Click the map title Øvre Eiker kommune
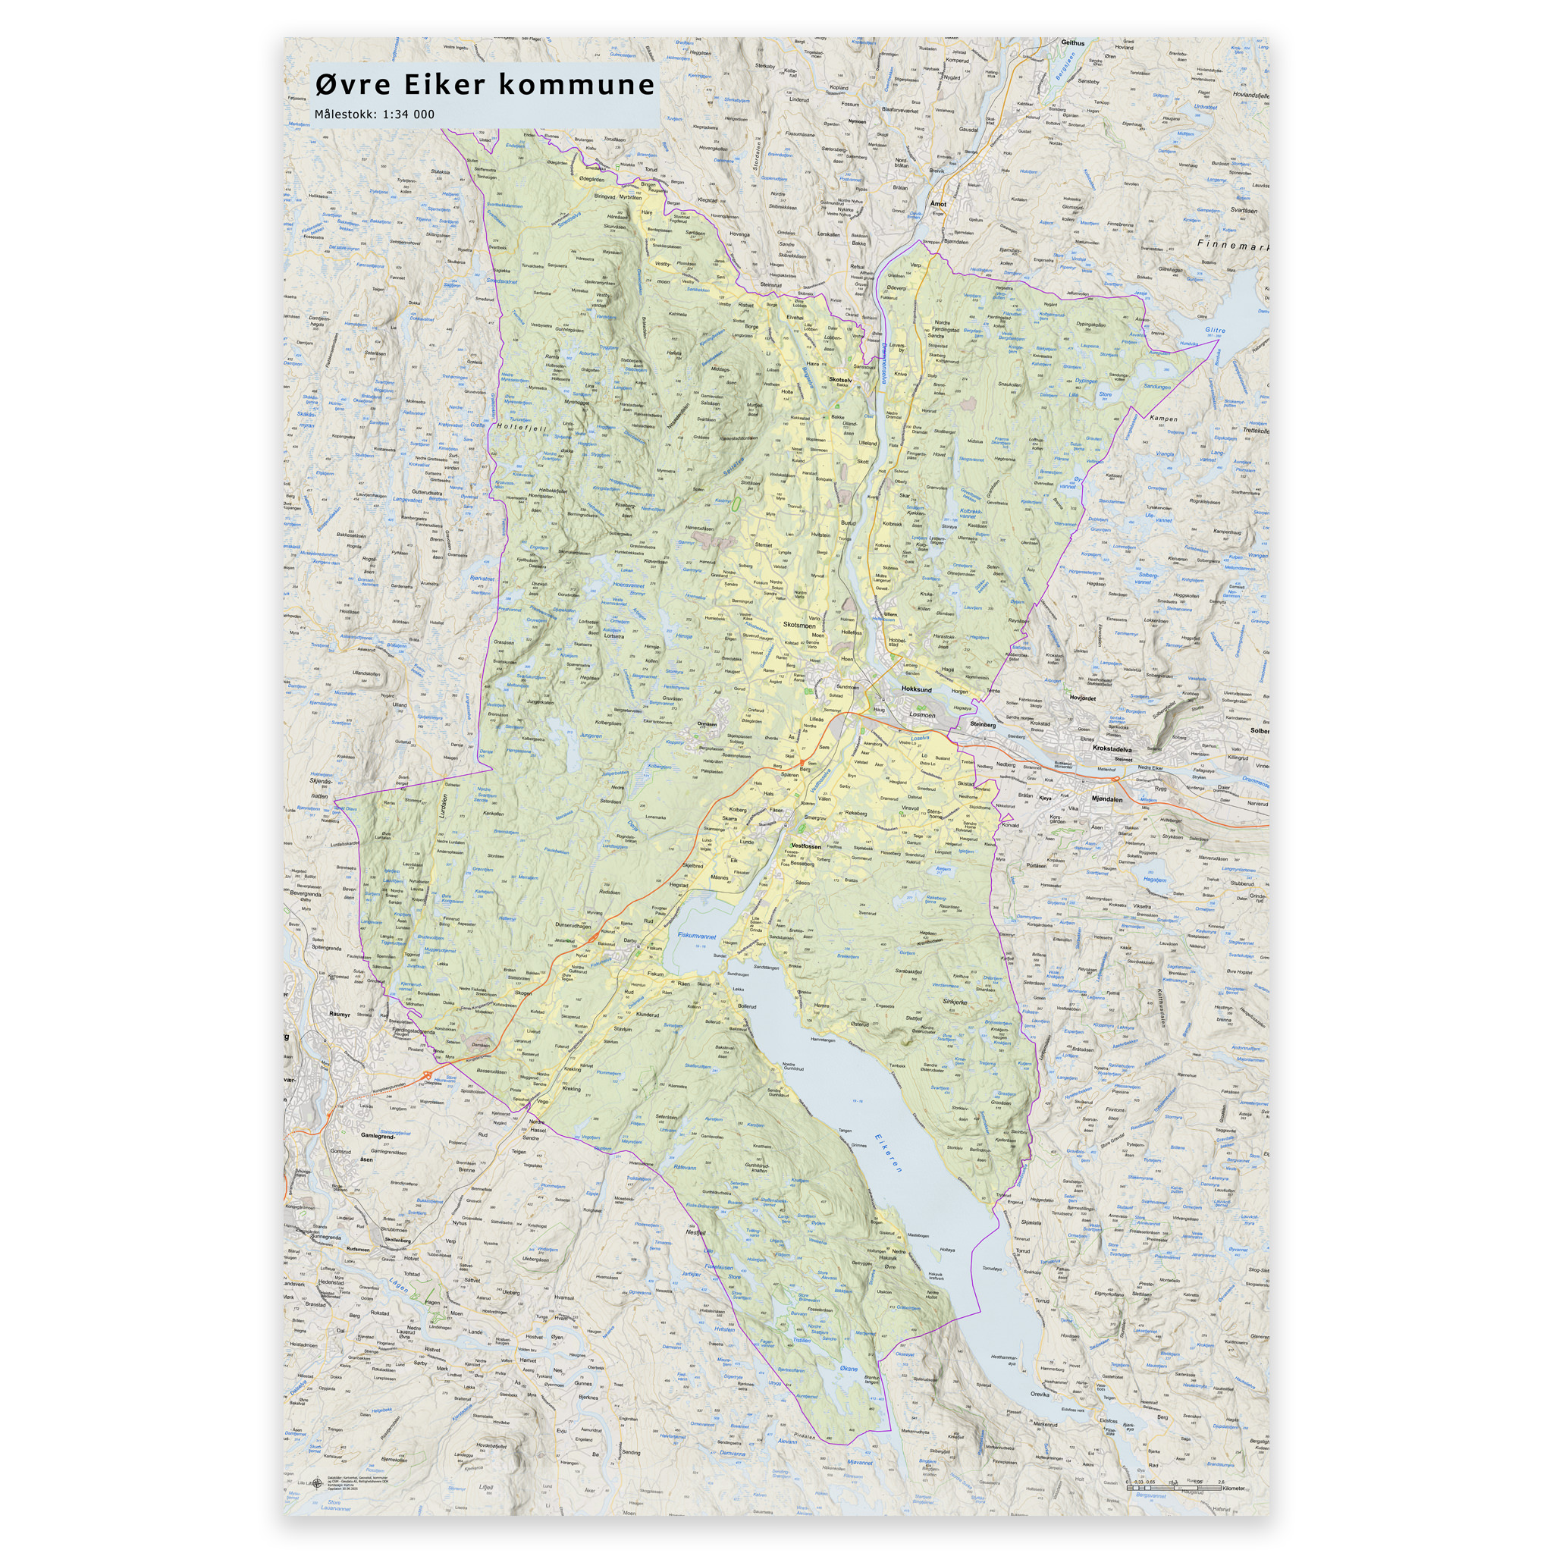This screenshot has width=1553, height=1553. tap(485, 84)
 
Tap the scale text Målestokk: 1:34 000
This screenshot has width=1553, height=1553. tap(375, 115)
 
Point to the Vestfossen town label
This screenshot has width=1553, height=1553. tap(806, 846)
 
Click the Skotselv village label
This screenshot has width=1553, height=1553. tap(840, 379)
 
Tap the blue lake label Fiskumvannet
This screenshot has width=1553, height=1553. tap(697, 936)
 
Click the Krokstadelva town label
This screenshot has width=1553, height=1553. tap(1112, 748)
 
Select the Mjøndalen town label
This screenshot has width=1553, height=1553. tap(1107, 800)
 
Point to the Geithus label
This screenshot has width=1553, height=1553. tap(1072, 43)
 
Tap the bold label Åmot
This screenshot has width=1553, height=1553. tap(938, 204)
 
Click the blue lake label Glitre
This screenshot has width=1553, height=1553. tap(1216, 331)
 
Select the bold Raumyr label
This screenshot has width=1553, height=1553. tap(339, 1015)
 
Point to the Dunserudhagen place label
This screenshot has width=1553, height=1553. tap(573, 925)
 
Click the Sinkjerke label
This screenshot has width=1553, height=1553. tap(954, 1002)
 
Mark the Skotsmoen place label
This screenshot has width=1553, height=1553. tap(799, 625)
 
